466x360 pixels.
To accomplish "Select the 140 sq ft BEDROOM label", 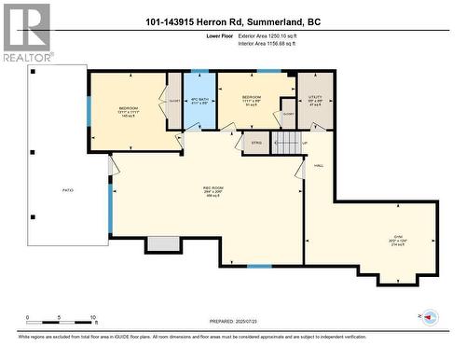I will point(128,112).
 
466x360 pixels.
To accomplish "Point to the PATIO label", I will point(67,190).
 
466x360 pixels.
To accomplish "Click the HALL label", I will point(318,164).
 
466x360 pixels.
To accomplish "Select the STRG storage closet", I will point(254,143).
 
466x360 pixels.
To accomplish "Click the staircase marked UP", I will point(285,143).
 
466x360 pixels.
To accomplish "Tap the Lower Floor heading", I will point(219,35).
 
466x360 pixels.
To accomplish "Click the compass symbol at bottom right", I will point(430,317).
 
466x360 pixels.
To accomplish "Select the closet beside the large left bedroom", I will point(174,102).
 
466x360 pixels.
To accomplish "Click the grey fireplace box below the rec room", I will point(162,243).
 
